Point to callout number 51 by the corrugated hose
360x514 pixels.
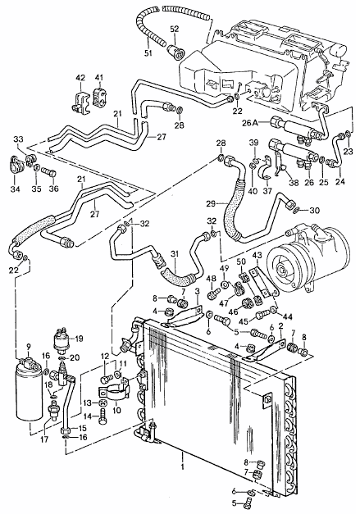click(x=147, y=55)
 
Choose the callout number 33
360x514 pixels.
click(x=19, y=140)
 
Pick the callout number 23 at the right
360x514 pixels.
click(x=349, y=151)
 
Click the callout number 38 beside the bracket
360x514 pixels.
click(x=294, y=184)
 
